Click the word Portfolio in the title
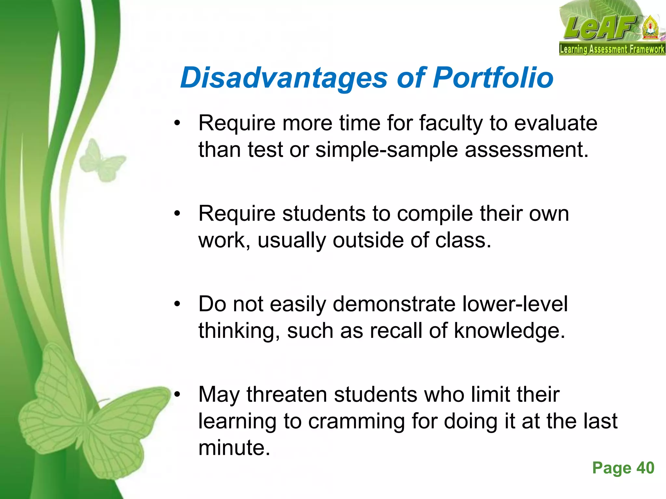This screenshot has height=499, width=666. click(x=493, y=78)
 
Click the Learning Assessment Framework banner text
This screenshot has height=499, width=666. click(x=612, y=49)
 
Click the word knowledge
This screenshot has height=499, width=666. click(x=509, y=331)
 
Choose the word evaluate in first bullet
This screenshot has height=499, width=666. click(x=556, y=123)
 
